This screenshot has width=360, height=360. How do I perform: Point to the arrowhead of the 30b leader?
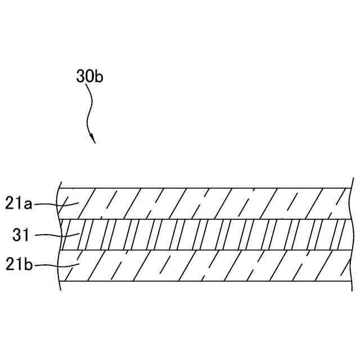tap(93, 139)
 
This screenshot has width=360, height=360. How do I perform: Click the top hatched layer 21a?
tap(202, 203)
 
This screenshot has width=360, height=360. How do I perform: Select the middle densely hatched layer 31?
tap(202, 235)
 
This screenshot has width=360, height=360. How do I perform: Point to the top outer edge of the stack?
tap(202, 188)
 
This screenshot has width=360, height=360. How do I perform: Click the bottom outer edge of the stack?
tap(202, 281)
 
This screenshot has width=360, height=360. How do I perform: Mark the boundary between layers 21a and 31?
tap(202, 219)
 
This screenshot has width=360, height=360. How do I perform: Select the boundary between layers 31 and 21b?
tap(202, 250)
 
